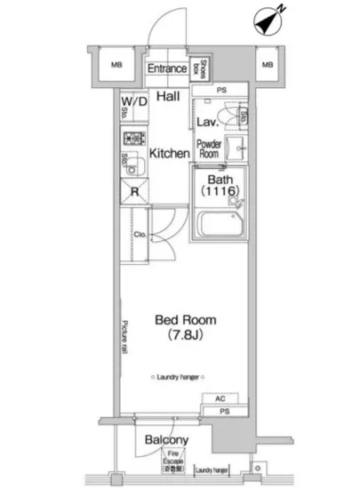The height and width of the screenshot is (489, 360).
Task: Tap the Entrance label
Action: (x=166, y=68)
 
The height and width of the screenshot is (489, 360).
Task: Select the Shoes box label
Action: (x=203, y=68)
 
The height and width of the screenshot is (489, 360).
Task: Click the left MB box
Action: (x=116, y=65)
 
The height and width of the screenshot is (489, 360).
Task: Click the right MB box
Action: (x=266, y=65)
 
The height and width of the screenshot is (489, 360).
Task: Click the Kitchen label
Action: (x=168, y=153)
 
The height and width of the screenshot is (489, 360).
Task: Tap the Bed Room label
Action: (x=185, y=320)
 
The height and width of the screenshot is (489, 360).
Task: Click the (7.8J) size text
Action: (x=185, y=337)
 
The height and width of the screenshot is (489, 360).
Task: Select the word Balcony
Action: (x=166, y=440)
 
